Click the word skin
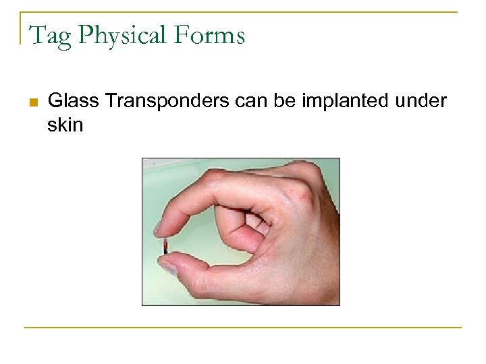tap(65, 125)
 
